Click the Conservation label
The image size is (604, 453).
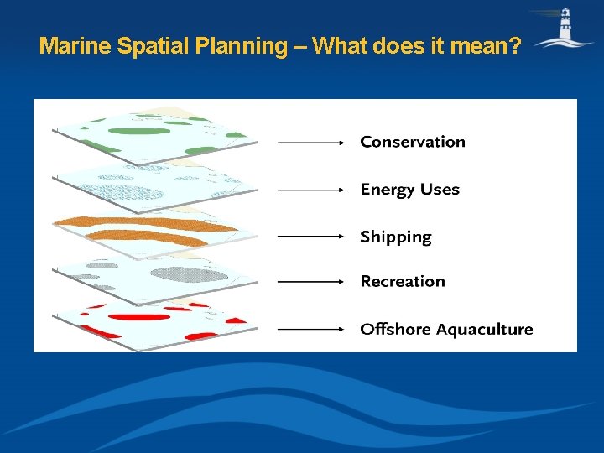pos(412,142)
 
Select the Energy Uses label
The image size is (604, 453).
pos(409,190)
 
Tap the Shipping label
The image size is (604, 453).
pos(395,237)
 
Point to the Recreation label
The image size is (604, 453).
pos(403,281)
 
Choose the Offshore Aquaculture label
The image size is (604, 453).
pos(446,329)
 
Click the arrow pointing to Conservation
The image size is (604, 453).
pos(311,143)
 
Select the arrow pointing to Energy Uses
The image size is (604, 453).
pos(311,190)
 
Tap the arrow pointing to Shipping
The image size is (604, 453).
pos(311,237)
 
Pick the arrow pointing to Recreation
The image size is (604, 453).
pos(311,282)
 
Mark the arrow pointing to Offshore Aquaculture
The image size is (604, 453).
pos(311,330)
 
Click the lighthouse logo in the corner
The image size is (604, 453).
pos(565,29)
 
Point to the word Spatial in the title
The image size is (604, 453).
pos(152,46)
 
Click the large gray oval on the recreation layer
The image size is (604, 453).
pos(194,273)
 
